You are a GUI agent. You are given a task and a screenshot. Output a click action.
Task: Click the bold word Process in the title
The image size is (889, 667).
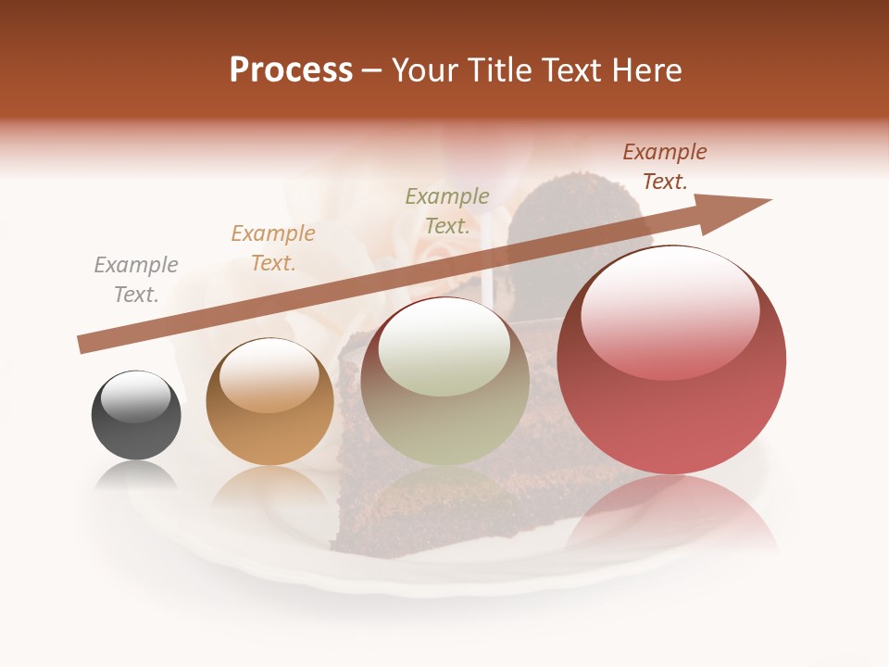[x=291, y=70]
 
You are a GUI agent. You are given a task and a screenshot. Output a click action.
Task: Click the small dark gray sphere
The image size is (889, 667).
[x=136, y=416]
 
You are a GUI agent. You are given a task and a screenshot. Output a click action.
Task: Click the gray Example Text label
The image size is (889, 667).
[x=136, y=280]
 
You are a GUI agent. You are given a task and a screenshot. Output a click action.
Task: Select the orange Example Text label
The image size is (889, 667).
[x=273, y=248]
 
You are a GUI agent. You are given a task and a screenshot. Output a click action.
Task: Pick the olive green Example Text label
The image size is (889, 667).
[x=447, y=211]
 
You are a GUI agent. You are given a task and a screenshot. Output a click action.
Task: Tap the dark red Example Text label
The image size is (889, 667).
[x=664, y=167]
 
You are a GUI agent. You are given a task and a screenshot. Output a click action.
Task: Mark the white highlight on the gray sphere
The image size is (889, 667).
[x=136, y=396]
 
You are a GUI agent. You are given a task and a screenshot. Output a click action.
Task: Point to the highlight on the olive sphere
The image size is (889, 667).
[x=444, y=347]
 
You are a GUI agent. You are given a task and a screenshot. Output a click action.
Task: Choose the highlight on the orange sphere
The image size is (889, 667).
[x=269, y=375]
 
